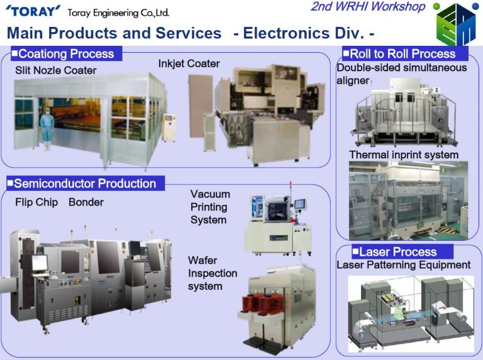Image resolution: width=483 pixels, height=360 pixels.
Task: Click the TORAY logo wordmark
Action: pyautogui.click(x=33, y=11)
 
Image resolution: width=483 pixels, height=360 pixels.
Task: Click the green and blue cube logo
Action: pyautogui.click(x=456, y=24)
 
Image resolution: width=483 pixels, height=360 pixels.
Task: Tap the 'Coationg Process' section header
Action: pyautogui.click(x=66, y=54)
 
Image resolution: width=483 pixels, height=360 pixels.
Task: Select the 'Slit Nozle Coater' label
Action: pyautogui.click(x=56, y=70)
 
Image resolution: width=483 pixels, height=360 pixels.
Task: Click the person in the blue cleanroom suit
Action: pyautogui.click(x=47, y=128)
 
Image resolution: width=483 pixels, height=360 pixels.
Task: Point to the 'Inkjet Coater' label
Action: pyautogui.click(x=189, y=63)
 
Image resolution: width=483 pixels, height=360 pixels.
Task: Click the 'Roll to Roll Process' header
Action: pyautogui.click(x=405, y=54)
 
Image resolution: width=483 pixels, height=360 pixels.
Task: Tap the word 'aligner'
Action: pyautogui.click(x=353, y=80)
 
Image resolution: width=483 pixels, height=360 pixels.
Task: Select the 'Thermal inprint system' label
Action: pyautogui.click(x=404, y=155)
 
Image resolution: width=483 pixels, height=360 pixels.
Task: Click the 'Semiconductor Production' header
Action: pyautogui.click(x=86, y=183)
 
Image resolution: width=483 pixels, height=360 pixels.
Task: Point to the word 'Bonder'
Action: pyautogui.click(x=86, y=202)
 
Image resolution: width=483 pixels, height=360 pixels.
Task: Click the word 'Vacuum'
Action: pyautogui.click(x=210, y=194)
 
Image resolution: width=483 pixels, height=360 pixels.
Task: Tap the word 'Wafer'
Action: pyautogui.click(x=203, y=260)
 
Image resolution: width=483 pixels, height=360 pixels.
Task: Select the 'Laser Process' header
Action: pyautogui.click(x=402, y=252)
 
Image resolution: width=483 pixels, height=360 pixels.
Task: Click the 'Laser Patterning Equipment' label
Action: pyautogui.click(x=404, y=265)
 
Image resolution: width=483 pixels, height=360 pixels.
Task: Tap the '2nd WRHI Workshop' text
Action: pyautogui.click(x=368, y=6)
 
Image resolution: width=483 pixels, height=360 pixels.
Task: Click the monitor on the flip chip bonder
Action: pyautogui.click(x=40, y=263)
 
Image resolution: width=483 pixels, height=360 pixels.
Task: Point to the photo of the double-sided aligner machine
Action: pyautogui.click(x=404, y=112)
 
